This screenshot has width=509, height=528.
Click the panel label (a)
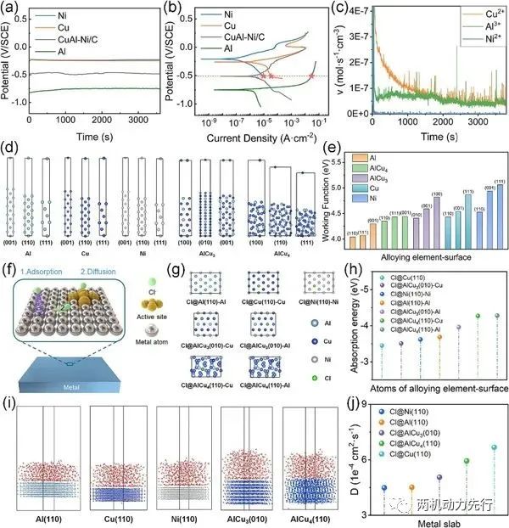(x=11, y=8)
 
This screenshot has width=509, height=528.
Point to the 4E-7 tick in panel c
(x=356, y=11)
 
